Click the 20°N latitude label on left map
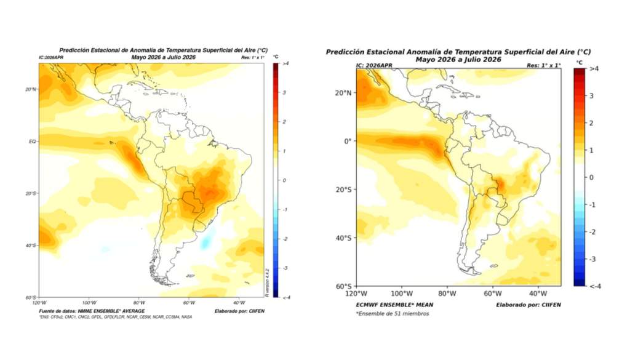[30, 89]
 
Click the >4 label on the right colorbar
[594, 70]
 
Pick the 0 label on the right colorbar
[591, 177]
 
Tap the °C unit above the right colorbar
[579, 62]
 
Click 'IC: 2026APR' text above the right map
[377, 65]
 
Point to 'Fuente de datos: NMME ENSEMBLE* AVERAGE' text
[89, 311]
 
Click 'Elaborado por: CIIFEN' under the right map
[528, 305]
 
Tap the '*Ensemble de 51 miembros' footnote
[392, 314]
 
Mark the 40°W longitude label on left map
[238, 303]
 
